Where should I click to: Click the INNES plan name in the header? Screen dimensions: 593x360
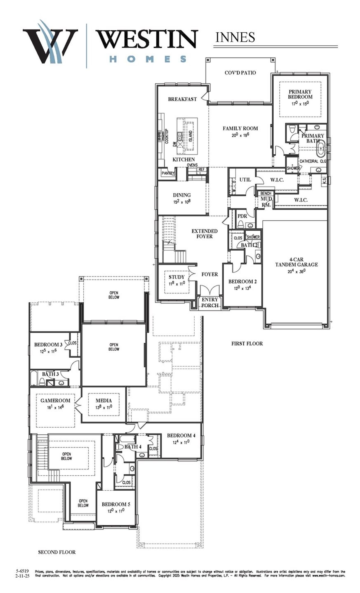pos(235,37)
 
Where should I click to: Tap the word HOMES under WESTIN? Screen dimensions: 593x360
pos(148,59)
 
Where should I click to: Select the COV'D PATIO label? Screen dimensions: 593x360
pos(240,73)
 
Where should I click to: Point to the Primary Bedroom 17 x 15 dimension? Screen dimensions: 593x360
pos(300,103)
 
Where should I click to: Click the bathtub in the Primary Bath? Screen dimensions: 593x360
pos(321,150)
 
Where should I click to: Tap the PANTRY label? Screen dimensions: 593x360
pos(168,173)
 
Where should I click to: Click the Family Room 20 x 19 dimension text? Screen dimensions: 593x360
pos(240,135)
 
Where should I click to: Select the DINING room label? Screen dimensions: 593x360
pos(182,195)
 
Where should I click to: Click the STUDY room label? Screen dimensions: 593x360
pos(177,277)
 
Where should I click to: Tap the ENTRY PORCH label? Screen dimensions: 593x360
pos(210,303)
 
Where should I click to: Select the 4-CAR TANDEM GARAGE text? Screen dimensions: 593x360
pos(296,262)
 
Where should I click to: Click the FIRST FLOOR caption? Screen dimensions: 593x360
pos(247,343)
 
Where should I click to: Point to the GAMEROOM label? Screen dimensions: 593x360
pos(55,400)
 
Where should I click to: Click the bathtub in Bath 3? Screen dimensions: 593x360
pos(34,378)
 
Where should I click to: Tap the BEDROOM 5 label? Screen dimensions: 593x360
pos(116,504)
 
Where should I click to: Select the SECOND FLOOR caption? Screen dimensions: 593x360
pos(57,552)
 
